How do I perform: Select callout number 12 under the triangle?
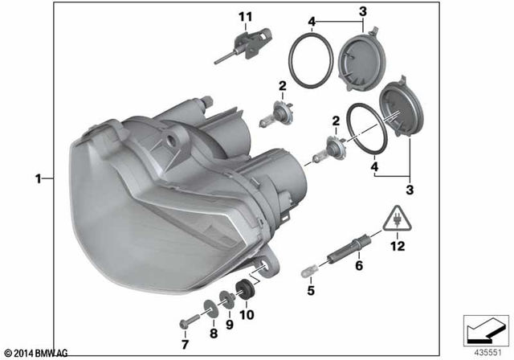click(x=397, y=247)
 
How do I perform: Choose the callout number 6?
click(x=359, y=264)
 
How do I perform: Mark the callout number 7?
click(x=184, y=345)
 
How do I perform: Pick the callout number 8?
click(x=214, y=332)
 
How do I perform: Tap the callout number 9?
click(x=230, y=324)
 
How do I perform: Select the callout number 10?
click(x=247, y=315)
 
